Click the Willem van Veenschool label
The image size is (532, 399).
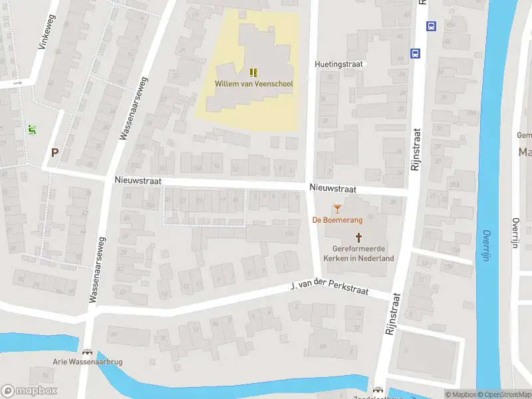(253, 84)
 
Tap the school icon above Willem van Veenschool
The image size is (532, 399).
(253, 72)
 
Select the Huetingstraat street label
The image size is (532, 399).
(338, 65)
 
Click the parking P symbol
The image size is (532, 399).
(55, 152)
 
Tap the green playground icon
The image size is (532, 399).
(31, 130)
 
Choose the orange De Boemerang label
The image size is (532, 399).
(336, 220)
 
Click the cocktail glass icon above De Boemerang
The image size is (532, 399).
(337, 209)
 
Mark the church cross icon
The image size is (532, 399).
(359, 237)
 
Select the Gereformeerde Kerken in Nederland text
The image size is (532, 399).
(358, 253)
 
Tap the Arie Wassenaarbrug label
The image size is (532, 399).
(88, 362)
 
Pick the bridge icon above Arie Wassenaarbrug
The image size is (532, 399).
(86, 352)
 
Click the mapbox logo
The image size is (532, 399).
(29, 391)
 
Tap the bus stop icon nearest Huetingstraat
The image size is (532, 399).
(416, 53)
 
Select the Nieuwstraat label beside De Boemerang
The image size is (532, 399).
(332, 189)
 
